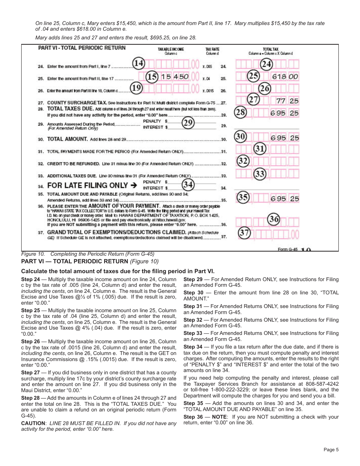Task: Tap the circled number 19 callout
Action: point(136,88)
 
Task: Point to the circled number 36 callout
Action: point(274,219)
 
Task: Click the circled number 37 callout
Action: point(244,232)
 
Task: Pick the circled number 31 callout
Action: point(259,148)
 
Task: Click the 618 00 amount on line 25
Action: point(285,77)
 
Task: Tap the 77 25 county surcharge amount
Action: point(287,101)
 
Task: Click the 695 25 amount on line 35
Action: point(285,199)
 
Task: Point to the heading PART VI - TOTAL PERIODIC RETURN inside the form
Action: point(81,48)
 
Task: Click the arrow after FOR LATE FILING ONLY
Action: point(133,185)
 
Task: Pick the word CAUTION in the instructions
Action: point(33,423)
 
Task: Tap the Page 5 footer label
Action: point(331,450)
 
